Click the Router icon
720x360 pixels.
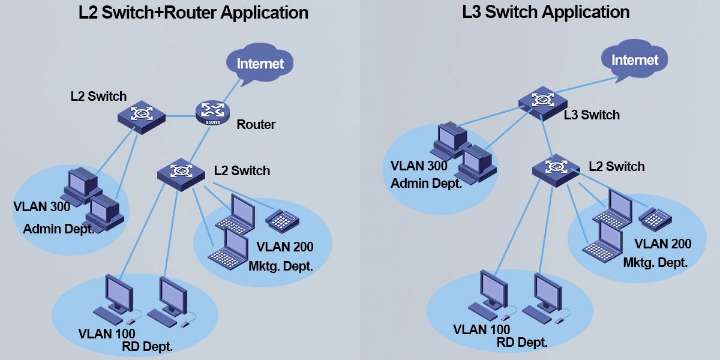click(x=212, y=112)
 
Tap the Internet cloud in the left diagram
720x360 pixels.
click(x=260, y=64)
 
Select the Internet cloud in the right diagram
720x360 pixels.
click(x=635, y=60)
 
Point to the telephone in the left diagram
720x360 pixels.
click(x=282, y=220)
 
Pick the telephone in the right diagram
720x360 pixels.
click(x=655, y=218)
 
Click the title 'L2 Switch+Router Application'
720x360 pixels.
click(x=194, y=13)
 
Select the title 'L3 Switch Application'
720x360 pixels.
click(x=545, y=12)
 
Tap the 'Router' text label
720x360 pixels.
click(x=256, y=125)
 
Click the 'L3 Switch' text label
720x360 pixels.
click(x=592, y=115)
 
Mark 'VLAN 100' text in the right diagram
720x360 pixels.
click(x=481, y=329)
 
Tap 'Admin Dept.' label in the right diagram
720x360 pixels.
click(x=426, y=183)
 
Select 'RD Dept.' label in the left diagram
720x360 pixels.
click(x=147, y=346)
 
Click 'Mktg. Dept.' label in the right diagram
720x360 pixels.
click(x=655, y=262)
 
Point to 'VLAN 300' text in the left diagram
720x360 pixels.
click(x=42, y=207)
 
